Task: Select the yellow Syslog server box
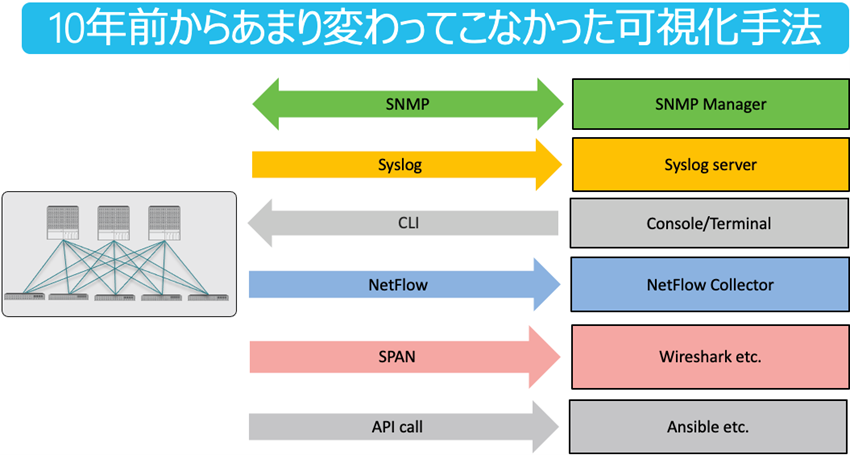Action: tap(710, 165)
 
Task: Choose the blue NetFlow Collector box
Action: tap(709, 285)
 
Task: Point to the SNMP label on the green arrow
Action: tap(406, 103)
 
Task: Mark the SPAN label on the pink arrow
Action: tap(406, 355)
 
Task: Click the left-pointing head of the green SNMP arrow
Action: tap(268, 103)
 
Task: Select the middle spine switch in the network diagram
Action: tap(113, 221)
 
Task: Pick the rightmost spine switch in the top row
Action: tap(164, 221)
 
